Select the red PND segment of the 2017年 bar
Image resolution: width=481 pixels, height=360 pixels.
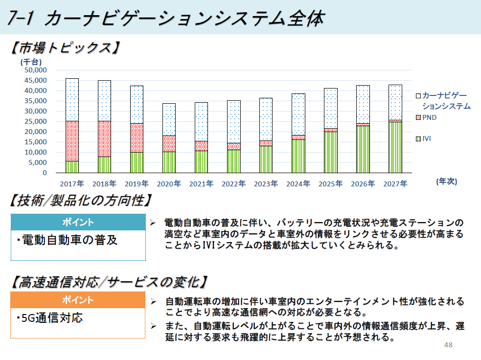click(72, 141)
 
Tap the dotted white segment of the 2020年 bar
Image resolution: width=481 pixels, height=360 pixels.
click(169, 119)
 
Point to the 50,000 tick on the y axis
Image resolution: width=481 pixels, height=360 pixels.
click(35, 70)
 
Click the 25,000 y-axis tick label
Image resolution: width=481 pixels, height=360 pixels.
click(35, 121)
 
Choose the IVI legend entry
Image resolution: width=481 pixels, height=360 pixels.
click(426, 139)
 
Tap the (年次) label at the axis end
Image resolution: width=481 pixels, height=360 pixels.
click(446, 181)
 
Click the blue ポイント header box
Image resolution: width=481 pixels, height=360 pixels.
click(78, 222)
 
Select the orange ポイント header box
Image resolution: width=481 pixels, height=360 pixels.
click(78, 299)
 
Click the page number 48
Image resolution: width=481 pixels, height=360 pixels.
click(448, 345)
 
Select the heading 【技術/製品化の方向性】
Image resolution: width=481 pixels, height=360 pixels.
click(81, 201)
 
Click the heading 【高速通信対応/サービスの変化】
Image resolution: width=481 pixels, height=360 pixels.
click(108, 282)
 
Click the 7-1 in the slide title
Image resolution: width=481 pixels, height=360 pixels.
click(22, 19)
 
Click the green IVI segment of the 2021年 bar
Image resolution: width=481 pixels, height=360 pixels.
click(201, 161)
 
